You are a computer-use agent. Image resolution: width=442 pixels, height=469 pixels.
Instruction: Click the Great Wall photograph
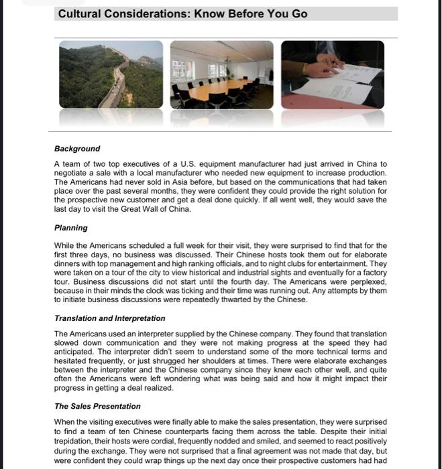111,74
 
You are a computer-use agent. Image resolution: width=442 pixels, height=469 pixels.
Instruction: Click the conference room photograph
222,74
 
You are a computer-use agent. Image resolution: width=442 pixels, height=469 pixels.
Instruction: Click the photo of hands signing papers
333,74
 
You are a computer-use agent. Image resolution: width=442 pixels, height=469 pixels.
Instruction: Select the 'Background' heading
77,149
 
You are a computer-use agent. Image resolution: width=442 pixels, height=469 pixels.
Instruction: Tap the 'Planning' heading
71,228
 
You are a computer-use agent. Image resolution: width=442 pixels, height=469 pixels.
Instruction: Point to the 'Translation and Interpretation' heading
109,318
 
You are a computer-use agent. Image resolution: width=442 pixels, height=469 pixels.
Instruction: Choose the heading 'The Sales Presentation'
97,406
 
